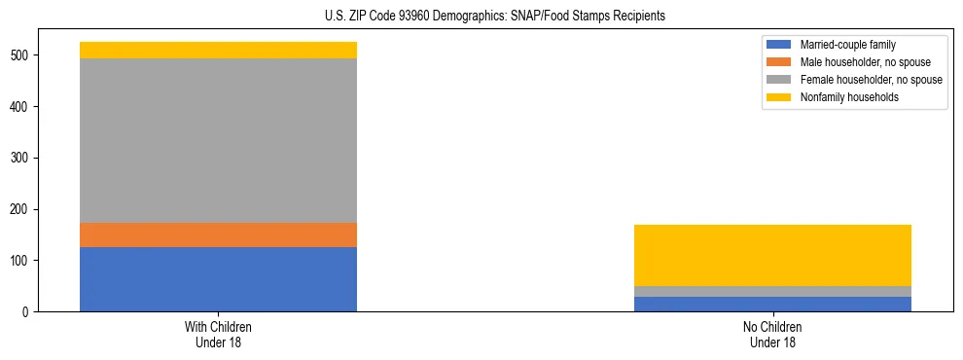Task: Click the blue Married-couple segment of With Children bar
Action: point(218,279)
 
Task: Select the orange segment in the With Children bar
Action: point(218,234)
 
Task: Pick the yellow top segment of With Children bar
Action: point(218,50)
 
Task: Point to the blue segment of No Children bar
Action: point(772,304)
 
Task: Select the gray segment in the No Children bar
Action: point(772,291)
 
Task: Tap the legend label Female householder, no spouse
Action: point(871,80)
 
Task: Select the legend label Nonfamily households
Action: point(849,97)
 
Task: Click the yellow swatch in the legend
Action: point(780,97)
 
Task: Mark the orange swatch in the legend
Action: point(780,62)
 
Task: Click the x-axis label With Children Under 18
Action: point(218,334)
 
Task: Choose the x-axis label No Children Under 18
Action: point(772,334)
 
